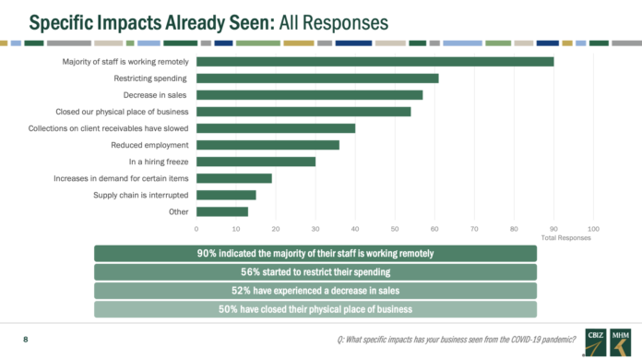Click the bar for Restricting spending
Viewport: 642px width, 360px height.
[317, 78]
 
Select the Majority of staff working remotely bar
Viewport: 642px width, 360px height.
[375, 62]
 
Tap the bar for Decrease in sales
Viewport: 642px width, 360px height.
[310, 95]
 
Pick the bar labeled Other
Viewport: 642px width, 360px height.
[222, 211]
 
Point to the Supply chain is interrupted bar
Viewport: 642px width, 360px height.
[226, 195]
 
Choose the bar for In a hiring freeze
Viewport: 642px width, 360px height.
[256, 162]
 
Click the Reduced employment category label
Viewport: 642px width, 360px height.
[149, 145]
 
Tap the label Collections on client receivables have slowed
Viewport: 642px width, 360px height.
[108, 128]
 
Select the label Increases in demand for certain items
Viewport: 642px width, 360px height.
[121, 178]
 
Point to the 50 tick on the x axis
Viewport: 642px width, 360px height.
[395, 229]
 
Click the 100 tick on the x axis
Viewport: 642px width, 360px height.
[593, 229]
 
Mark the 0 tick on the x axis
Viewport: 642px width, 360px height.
[196, 229]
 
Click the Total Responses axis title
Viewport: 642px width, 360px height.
[565, 238]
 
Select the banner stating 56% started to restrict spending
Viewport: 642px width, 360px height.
[315, 272]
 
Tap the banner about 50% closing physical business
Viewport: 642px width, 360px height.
[315, 309]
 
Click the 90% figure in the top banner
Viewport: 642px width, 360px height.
[207, 254]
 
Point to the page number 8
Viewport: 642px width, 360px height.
[26, 339]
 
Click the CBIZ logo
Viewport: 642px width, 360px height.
[595, 342]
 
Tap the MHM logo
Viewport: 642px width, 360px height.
[620, 342]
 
